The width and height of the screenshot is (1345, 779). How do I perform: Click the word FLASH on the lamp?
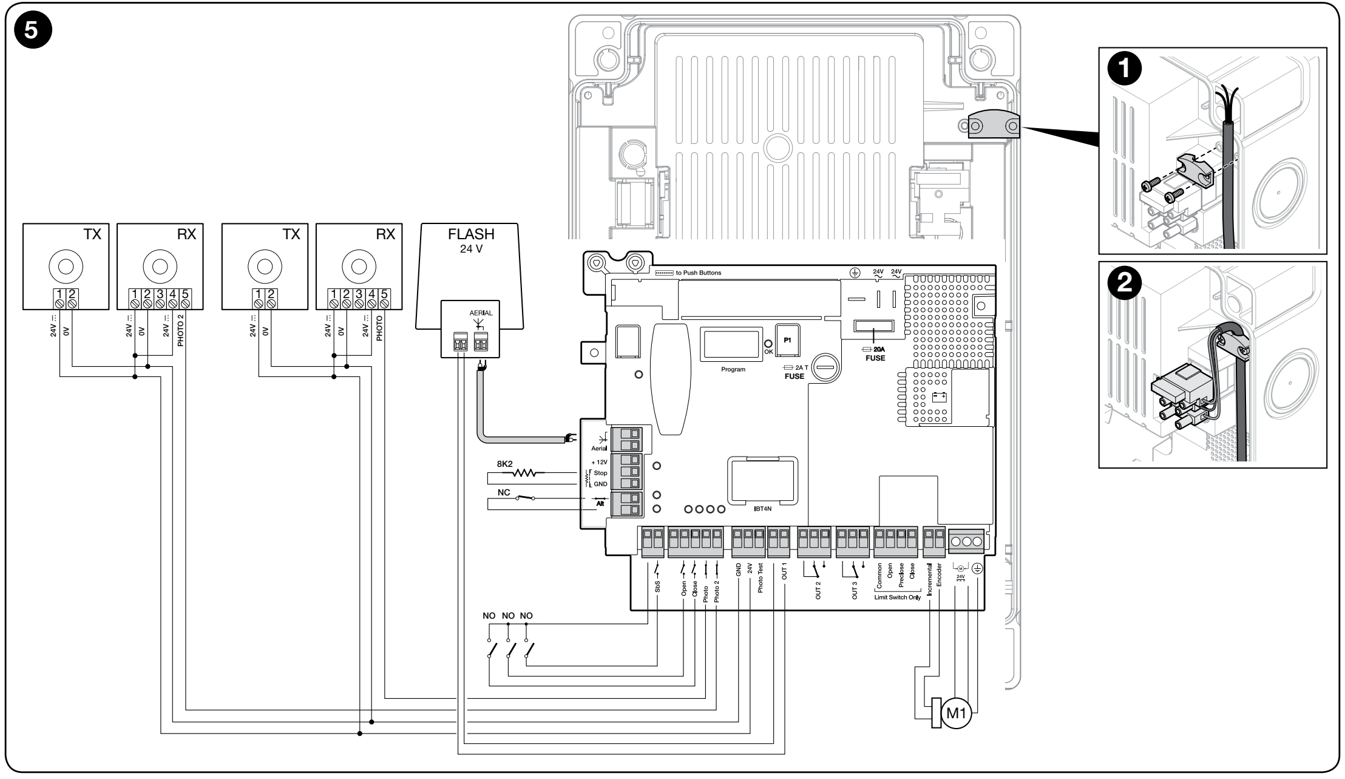471,234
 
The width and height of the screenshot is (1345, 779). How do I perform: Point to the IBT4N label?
762,508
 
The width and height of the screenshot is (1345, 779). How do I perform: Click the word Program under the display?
733,369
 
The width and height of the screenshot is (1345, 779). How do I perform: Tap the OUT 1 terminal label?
784,573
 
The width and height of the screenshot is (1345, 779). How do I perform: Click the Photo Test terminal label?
761,577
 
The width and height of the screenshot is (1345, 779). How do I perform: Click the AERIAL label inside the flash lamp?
482,311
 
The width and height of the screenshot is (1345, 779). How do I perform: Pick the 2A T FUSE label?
794,372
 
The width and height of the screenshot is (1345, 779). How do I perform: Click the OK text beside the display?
769,352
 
